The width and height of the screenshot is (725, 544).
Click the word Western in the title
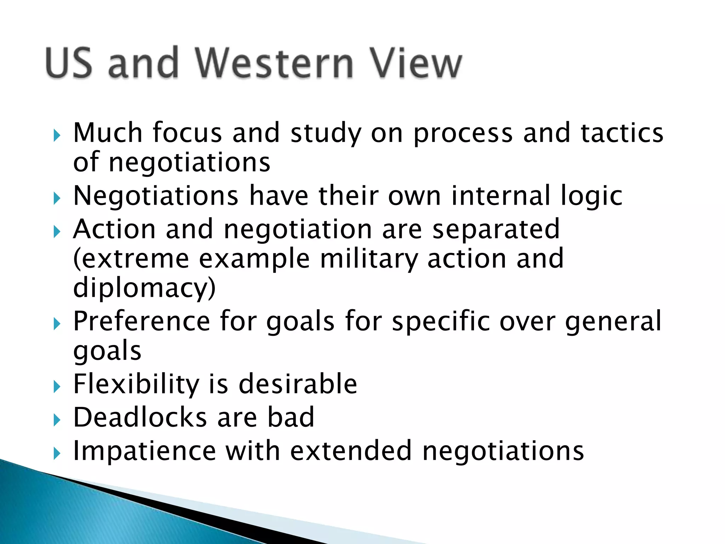click(x=274, y=63)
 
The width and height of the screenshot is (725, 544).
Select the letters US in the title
click(x=69, y=63)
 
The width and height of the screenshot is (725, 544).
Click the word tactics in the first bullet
click(x=622, y=133)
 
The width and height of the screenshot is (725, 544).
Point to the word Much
click(x=108, y=133)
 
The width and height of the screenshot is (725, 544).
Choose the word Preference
click(x=142, y=321)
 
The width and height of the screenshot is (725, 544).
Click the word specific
click(x=441, y=322)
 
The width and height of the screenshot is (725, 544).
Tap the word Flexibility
click(x=136, y=384)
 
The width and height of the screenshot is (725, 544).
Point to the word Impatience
click(x=144, y=451)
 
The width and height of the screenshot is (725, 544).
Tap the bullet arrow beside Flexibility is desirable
click(x=57, y=386)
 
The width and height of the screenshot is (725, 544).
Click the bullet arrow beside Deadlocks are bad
click(x=57, y=420)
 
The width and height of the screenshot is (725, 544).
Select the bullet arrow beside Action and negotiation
click(x=57, y=232)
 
